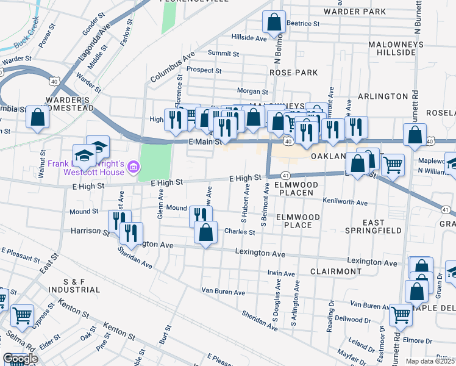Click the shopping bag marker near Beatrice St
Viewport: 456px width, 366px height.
[274, 23]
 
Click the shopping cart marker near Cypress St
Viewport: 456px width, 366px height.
[23, 315]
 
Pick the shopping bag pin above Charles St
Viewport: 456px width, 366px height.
[206, 232]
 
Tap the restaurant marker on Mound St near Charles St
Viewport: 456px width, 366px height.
[201, 215]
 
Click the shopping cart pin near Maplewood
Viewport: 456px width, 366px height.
[393, 163]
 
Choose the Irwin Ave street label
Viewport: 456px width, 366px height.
[281, 273]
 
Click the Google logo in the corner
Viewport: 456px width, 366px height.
[20, 359]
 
